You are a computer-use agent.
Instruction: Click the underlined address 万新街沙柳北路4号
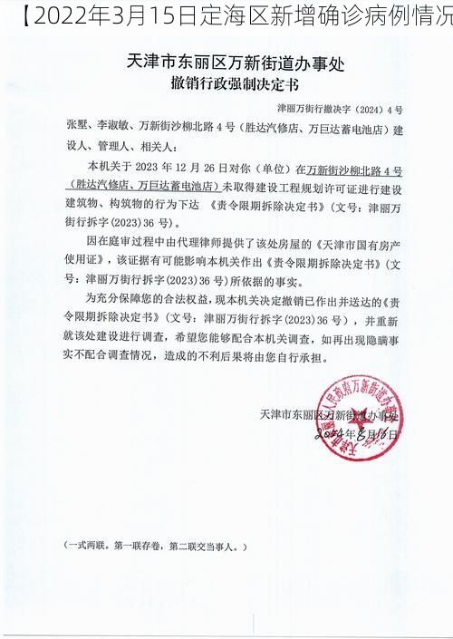(354, 168)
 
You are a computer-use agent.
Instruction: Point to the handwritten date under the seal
(358, 434)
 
